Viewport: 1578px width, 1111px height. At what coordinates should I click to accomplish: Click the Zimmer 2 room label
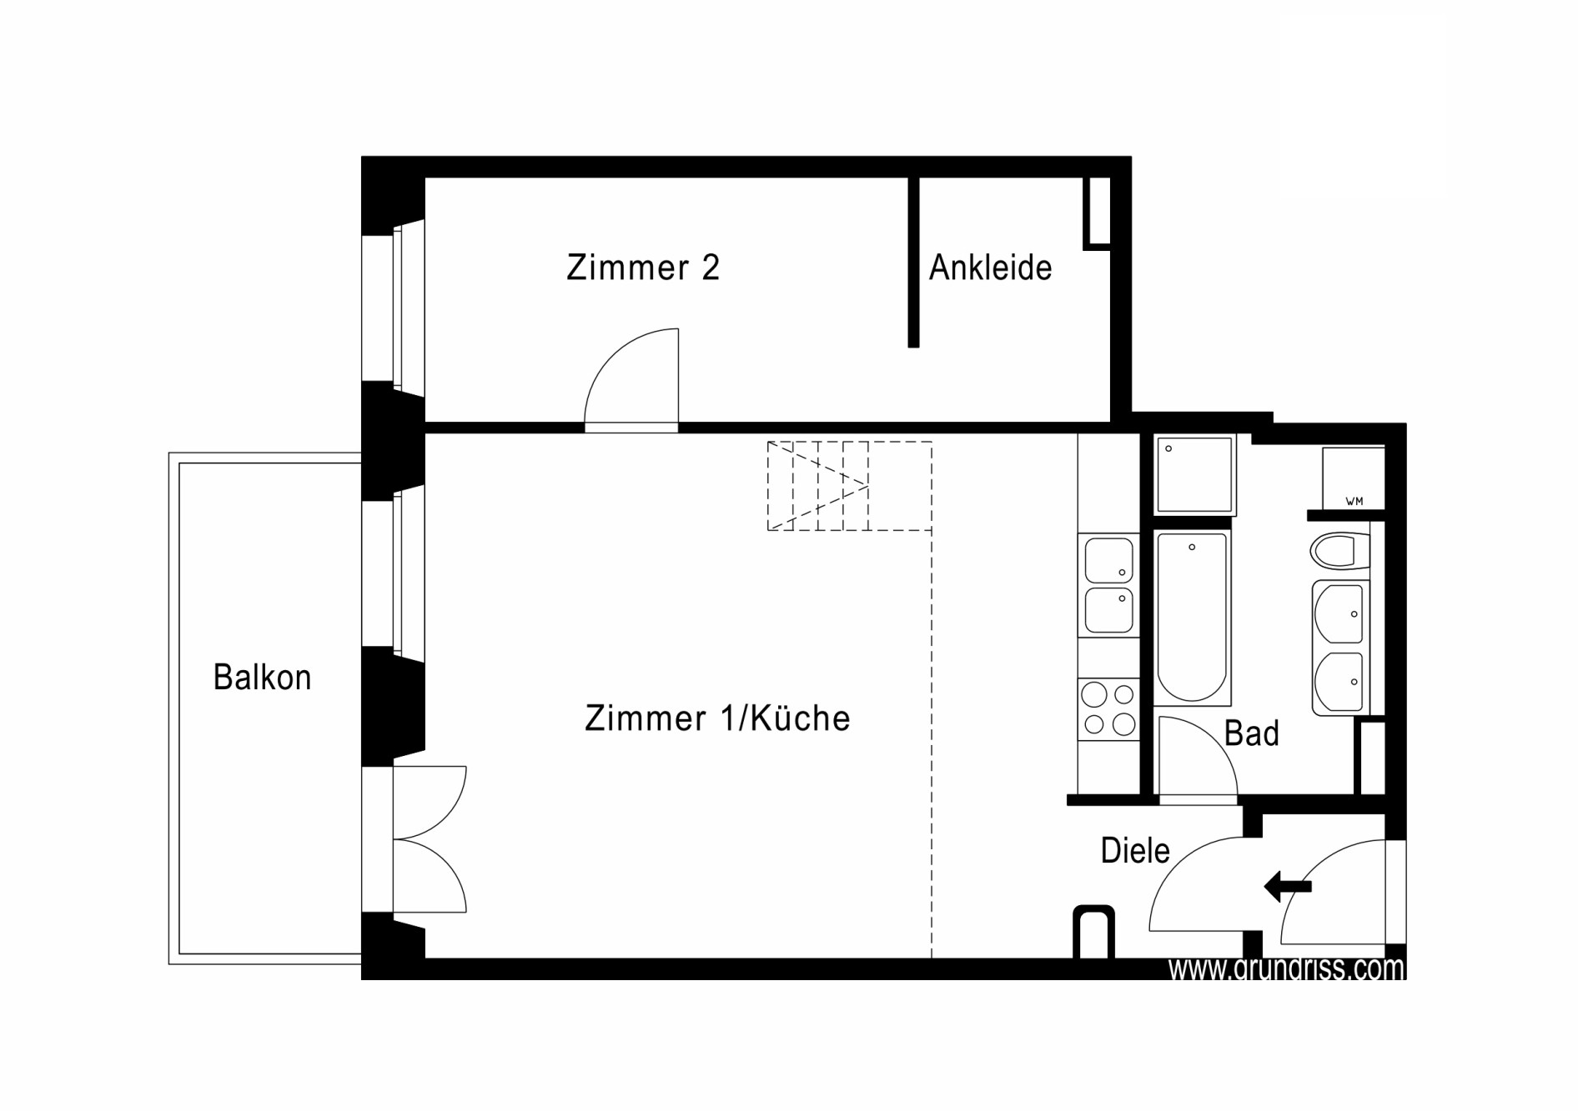click(642, 268)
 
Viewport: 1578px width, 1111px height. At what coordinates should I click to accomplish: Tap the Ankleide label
click(990, 268)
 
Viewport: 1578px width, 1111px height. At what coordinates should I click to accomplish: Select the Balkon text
click(262, 677)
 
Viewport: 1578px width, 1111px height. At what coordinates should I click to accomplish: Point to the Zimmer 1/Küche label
click(717, 718)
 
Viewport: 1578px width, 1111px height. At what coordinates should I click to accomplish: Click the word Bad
click(1251, 733)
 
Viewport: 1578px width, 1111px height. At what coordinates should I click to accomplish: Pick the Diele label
click(1135, 850)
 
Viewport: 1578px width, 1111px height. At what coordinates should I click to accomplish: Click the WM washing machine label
click(1354, 501)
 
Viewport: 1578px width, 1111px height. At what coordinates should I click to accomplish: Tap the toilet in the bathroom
click(1340, 551)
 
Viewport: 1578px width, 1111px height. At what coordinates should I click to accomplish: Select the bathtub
click(1192, 618)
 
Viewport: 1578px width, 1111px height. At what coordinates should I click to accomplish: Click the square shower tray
click(1194, 474)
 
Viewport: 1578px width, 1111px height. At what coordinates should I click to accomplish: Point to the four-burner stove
click(1108, 708)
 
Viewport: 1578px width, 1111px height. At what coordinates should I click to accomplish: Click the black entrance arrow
click(1288, 886)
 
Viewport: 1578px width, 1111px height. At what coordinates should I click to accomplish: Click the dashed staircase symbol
click(849, 486)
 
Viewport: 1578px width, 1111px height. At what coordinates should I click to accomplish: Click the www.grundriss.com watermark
click(1286, 968)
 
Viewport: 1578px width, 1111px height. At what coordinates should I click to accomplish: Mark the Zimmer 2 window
click(393, 308)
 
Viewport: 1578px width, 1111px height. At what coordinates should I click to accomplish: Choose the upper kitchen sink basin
click(1108, 559)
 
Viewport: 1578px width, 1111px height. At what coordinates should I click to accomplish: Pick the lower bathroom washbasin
click(1339, 682)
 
